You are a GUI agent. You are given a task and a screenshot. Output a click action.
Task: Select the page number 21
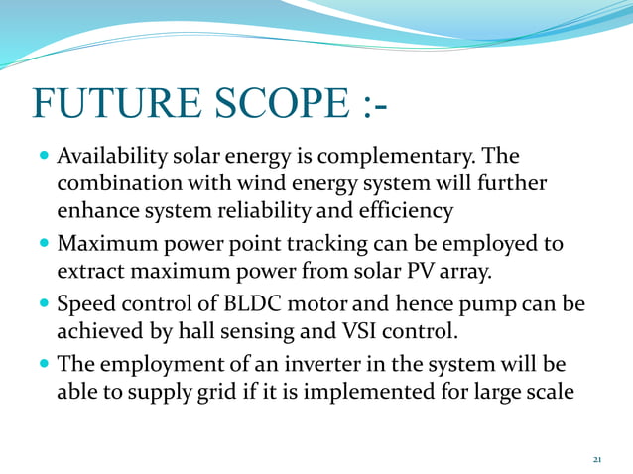coord(596,460)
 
